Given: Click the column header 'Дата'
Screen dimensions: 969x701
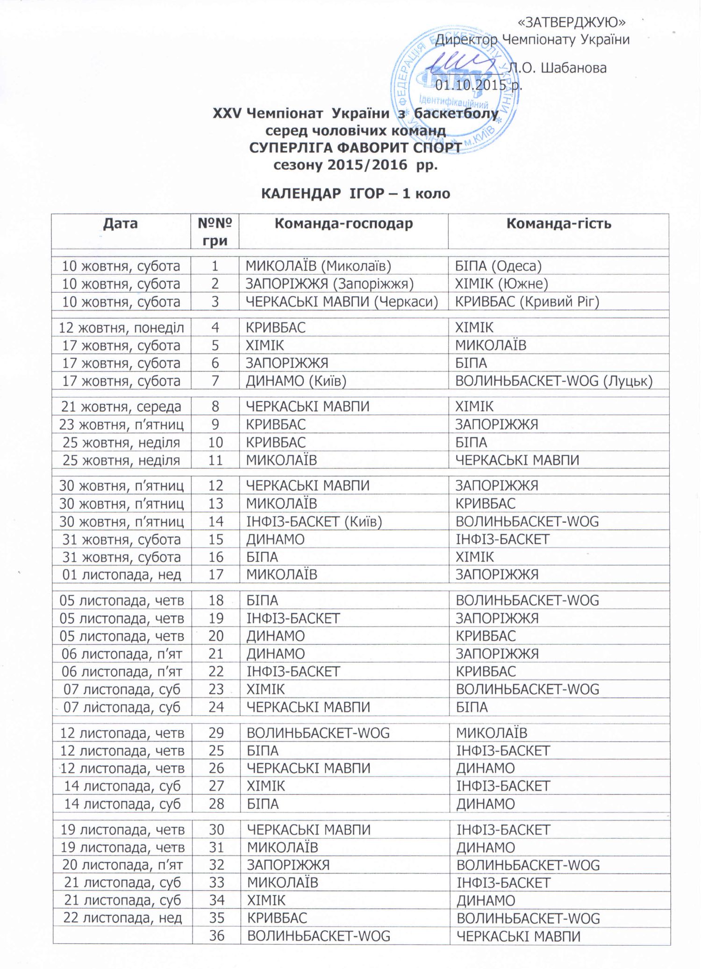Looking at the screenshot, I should [x=121, y=224].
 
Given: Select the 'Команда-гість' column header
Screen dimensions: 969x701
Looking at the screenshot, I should [x=558, y=224].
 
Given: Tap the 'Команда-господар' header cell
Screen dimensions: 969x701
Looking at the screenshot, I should [x=343, y=224].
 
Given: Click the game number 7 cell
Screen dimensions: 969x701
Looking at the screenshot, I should [x=215, y=381].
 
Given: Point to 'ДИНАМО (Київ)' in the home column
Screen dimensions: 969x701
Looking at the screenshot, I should [x=296, y=381].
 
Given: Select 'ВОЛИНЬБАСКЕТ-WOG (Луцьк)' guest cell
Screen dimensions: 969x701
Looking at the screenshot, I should [x=554, y=381].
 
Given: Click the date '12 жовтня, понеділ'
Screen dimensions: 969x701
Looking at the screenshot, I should [x=122, y=328].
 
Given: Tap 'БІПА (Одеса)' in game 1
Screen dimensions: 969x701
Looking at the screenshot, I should [x=498, y=266].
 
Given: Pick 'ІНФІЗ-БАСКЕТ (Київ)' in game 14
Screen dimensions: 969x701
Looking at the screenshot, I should [x=314, y=521].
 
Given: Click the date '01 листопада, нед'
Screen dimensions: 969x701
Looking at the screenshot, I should [x=122, y=574].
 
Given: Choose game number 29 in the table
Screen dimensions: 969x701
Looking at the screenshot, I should [x=216, y=733].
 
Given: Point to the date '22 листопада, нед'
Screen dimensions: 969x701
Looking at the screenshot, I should [x=122, y=918].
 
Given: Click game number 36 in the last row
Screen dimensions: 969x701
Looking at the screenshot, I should [x=216, y=936].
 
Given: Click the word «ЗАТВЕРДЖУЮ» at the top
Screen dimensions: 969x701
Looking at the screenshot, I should [x=572, y=22].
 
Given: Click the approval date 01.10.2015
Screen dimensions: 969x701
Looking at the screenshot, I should [x=479, y=85].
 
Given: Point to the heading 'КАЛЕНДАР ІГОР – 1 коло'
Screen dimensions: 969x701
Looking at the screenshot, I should [x=355, y=193].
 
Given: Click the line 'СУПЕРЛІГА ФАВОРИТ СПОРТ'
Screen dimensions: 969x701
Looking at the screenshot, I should [x=355, y=148].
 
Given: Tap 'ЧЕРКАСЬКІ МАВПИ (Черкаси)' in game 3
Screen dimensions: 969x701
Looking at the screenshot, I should [x=342, y=302].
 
